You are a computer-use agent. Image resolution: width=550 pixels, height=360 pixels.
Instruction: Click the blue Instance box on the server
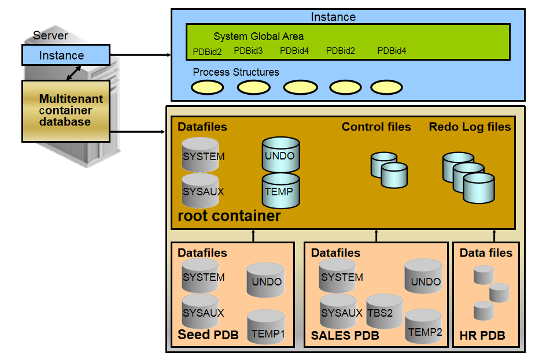coord(65,55)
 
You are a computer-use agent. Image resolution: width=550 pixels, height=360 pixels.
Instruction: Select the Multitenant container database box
coord(65,111)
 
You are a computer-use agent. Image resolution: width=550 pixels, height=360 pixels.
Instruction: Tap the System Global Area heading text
coord(259,36)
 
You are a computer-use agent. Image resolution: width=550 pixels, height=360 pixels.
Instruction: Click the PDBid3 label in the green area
coord(248,51)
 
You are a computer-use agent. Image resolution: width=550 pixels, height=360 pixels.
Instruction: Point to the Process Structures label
coord(236,72)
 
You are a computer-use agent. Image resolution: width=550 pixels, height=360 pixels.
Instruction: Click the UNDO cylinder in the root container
coord(280,155)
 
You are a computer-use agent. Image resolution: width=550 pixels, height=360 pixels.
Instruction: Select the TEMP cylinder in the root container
coord(280,191)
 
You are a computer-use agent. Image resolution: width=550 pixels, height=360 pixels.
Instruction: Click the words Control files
coord(376,127)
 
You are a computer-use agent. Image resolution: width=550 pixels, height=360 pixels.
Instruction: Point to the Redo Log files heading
coord(470,127)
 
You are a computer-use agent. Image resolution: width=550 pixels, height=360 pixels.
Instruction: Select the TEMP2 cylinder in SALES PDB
coord(424,327)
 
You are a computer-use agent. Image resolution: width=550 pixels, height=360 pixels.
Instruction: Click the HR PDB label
coord(482,336)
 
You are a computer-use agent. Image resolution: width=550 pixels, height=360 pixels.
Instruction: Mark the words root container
coord(230,216)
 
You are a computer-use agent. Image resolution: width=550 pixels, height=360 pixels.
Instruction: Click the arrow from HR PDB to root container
coord(494,235)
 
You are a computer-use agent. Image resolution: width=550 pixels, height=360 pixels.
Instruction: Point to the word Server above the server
coord(50,36)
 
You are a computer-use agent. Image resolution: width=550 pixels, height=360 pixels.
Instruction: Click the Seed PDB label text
coord(207,335)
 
